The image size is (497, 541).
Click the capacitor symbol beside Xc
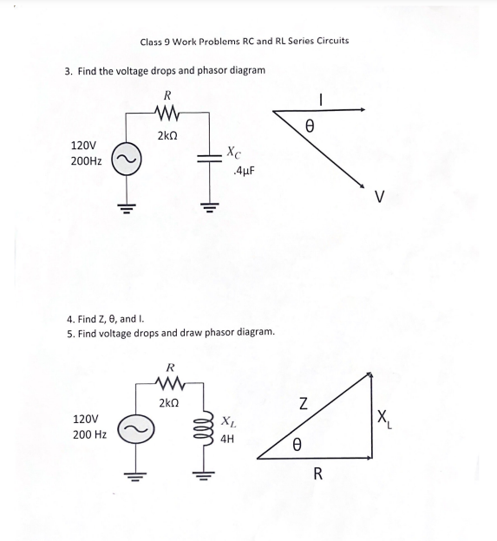pyautogui.click(x=208, y=158)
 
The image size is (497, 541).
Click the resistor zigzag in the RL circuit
pyautogui.click(x=169, y=381)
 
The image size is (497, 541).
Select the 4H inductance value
pyautogui.click(x=228, y=440)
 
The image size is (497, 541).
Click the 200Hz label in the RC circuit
pyautogui.click(x=86, y=161)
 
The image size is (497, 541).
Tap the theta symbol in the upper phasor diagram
pyautogui.click(x=309, y=127)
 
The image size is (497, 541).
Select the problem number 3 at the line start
pyautogui.click(x=68, y=71)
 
